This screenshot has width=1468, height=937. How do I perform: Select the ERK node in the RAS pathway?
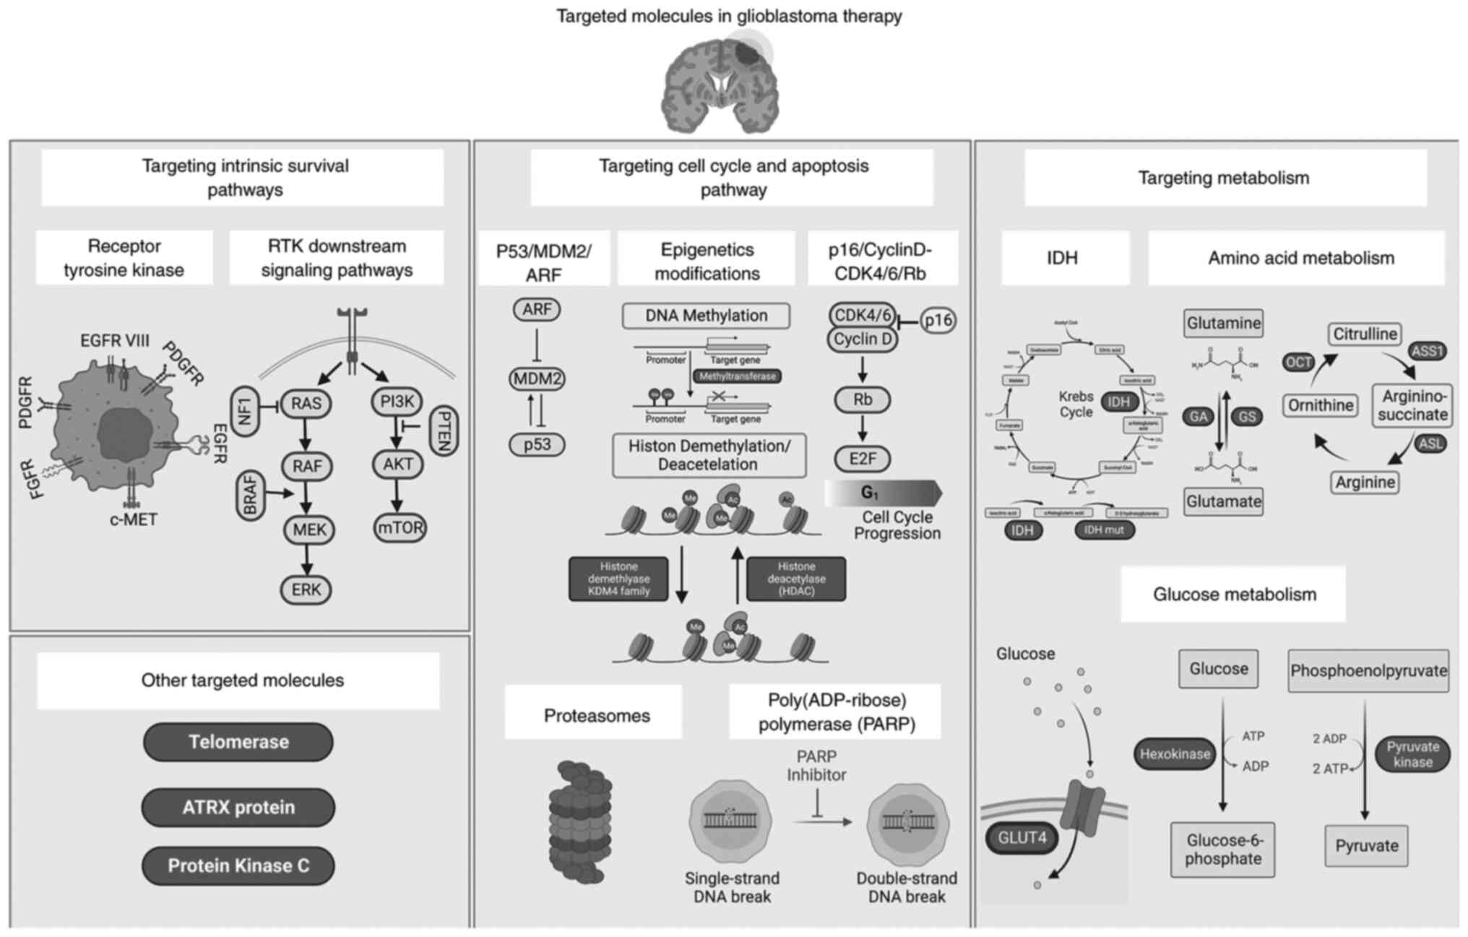pos(306,590)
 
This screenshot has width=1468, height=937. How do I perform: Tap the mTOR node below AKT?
pos(400,528)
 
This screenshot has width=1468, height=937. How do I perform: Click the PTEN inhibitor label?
pos(444,431)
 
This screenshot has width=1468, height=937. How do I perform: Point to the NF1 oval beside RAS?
pos(245,411)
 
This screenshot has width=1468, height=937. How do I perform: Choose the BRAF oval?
pos(250,495)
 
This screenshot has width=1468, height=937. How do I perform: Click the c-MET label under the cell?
pos(133,520)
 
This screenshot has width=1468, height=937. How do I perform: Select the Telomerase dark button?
pos(238,742)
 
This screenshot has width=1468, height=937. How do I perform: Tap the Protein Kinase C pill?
pos(238,866)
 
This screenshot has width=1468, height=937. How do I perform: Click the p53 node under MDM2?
pos(537,444)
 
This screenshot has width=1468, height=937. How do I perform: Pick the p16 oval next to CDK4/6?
pos(938,320)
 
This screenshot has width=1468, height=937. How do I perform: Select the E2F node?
pos(863,459)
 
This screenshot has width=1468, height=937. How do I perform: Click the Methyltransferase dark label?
pos(737,376)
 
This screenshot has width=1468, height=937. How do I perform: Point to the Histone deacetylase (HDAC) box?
pos(796,579)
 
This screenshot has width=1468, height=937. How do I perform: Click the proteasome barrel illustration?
pos(580,822)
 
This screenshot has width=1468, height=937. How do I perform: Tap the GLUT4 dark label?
pos(1022,838)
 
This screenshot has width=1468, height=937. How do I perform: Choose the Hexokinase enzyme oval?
pos(1175,754)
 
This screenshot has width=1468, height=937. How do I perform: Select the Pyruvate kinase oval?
pos(1412,755)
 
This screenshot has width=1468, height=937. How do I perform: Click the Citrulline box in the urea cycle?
pos(1365,334)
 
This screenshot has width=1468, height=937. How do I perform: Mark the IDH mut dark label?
pos(1103,530)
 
